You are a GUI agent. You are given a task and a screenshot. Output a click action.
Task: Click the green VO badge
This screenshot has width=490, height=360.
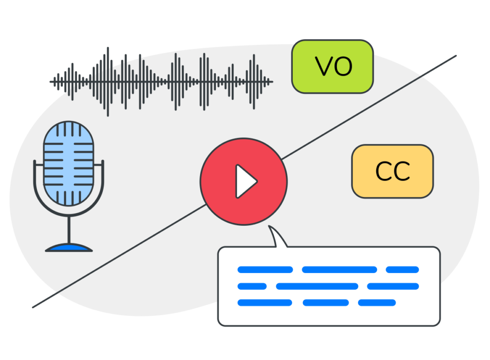click(x=333, y=66)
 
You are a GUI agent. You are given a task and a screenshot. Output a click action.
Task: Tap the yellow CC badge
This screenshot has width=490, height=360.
click(x=392, y=171)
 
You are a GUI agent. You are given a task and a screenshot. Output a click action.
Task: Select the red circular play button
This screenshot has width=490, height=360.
click(x=244, y=181)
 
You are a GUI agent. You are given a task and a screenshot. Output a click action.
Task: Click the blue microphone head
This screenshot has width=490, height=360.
click(x=68, y=164)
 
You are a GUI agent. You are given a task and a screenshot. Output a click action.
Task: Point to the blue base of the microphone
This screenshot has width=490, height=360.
click(x=69, y=248)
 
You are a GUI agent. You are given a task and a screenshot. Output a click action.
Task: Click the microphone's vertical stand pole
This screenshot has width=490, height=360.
click(x=69, y=230)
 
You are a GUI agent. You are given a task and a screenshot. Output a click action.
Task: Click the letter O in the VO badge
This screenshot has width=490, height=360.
click(x=343, y=66)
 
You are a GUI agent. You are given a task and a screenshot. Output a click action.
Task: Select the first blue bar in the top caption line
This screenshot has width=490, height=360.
click(x=265, y=270)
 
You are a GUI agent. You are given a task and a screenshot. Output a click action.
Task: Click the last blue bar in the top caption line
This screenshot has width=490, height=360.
click(x=402, y=270)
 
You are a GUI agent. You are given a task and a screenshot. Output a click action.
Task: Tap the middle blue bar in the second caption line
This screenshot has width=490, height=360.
click(x=317, y=286)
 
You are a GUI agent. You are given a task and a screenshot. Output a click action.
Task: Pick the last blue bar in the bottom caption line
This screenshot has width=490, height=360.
click(x=377, y=303)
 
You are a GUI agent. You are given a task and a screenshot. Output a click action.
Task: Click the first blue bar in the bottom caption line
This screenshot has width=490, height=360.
click(x=265, y=303)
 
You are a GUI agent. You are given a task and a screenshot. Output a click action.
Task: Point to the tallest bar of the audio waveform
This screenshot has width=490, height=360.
click(x=108, y=82)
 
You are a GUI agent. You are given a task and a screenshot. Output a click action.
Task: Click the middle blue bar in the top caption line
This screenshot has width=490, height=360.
click(x=339, y=270)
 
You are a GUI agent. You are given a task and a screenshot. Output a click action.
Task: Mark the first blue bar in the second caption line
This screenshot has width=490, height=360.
click(x=252, y=286)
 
